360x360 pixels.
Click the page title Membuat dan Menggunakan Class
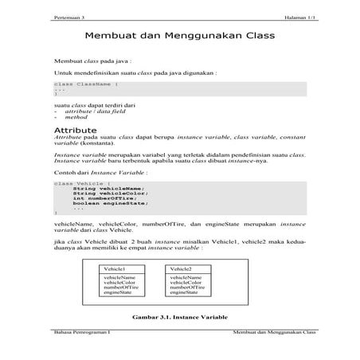tap(179, 37)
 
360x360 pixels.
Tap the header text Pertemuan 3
tap(67, 16)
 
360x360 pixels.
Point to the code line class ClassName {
tap(87, 84)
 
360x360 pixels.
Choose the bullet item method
tap(75, 117)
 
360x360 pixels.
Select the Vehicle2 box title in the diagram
tap(181, 269)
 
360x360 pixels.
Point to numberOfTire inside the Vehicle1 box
tap(121, 287)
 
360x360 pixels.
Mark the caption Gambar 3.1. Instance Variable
tap(180, 315)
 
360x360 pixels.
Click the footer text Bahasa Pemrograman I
tap(80, 331)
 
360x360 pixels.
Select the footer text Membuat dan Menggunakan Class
tap(270, 331)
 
